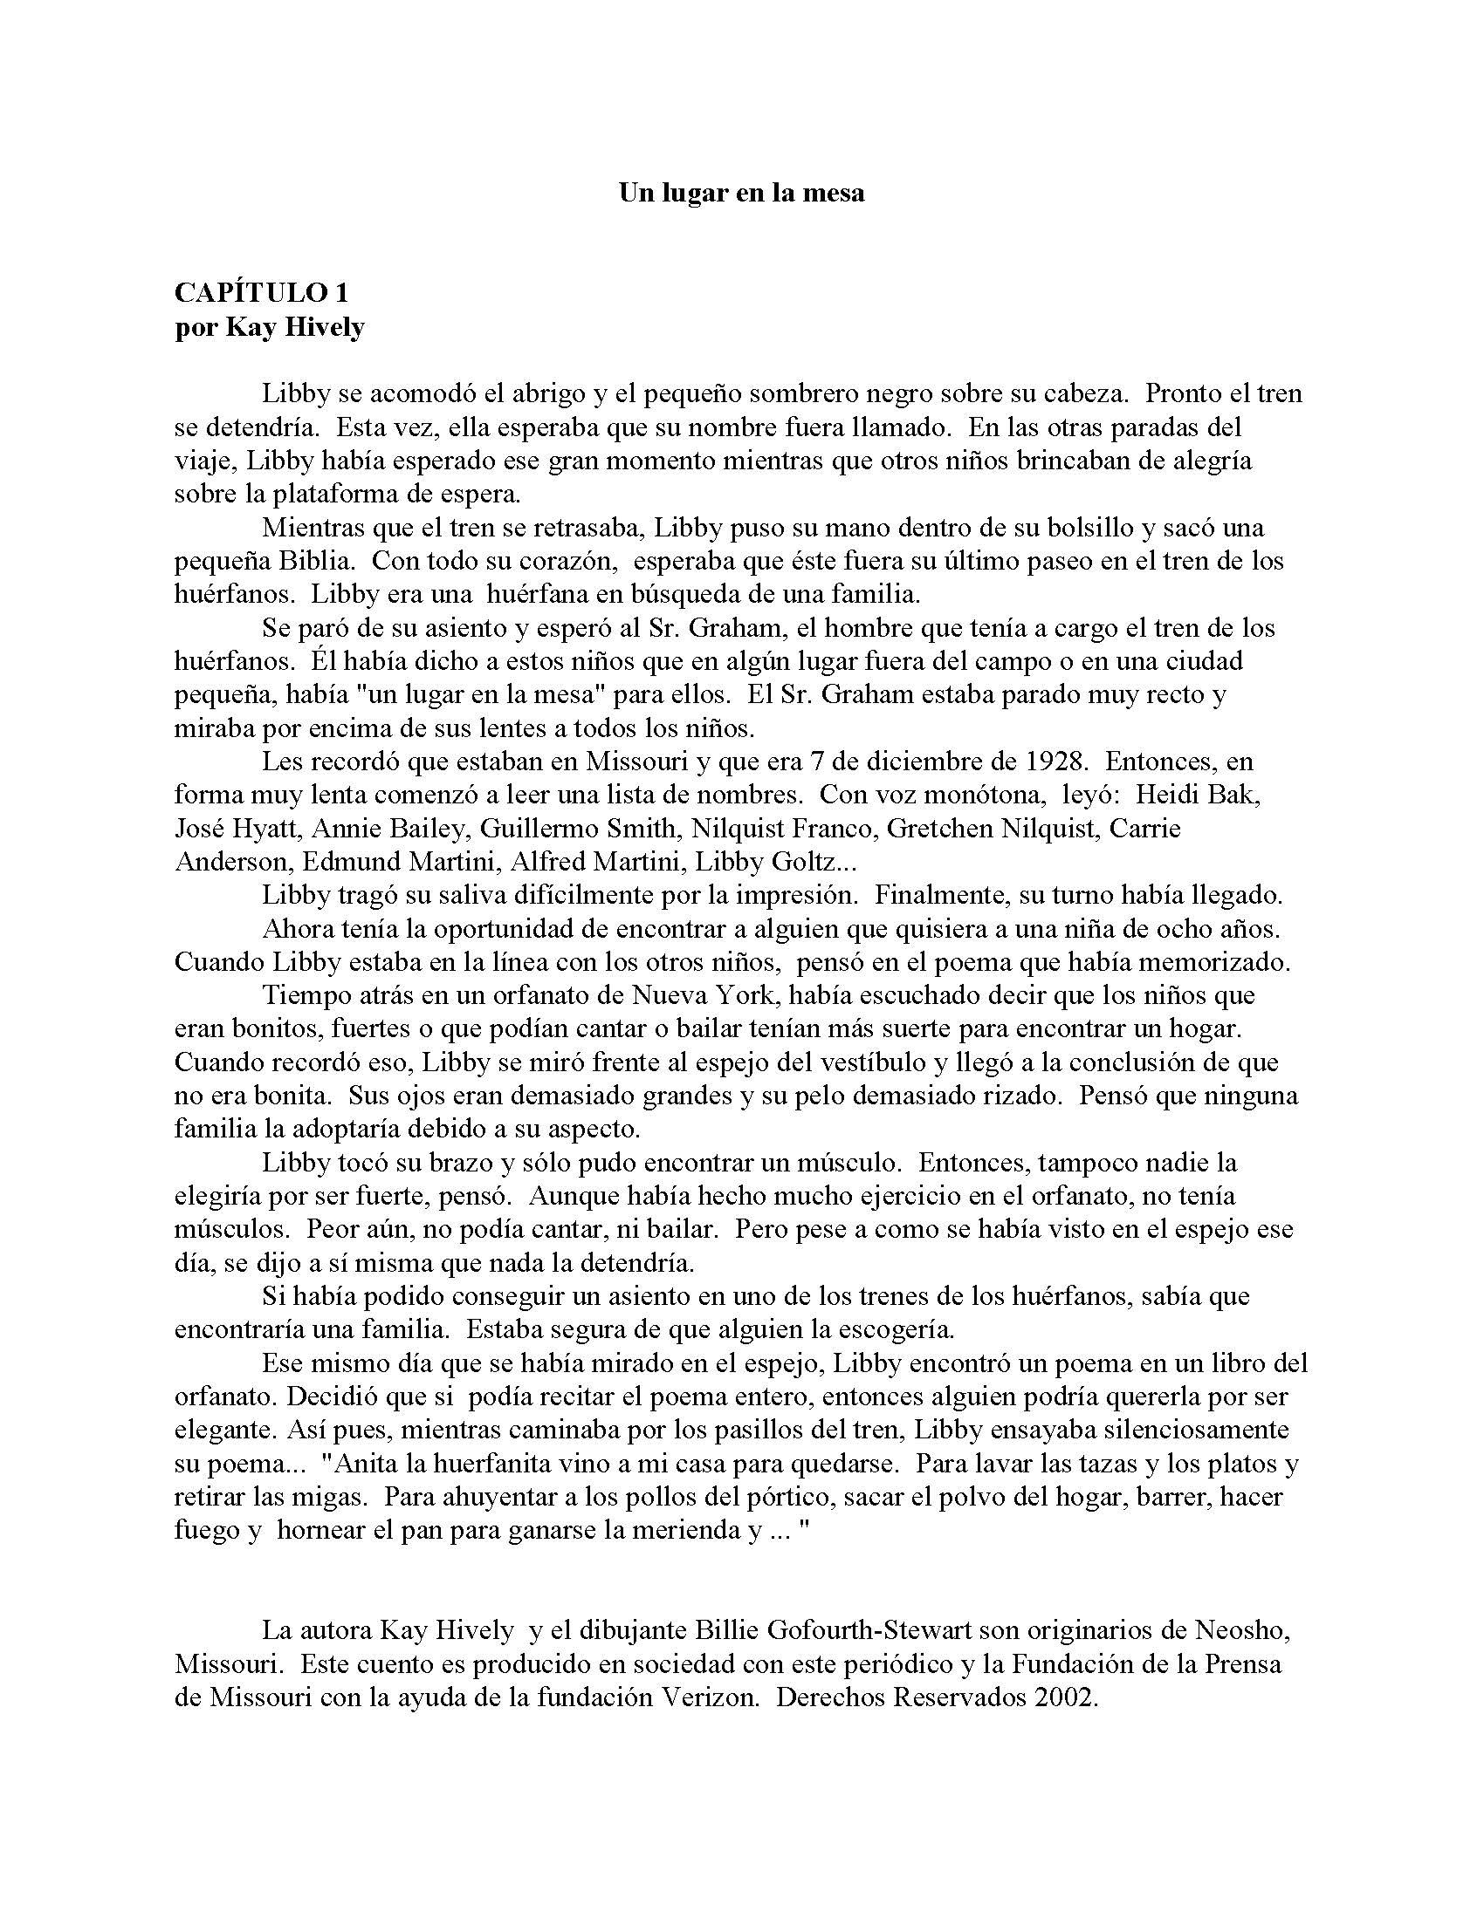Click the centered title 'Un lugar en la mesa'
point(741,194)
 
